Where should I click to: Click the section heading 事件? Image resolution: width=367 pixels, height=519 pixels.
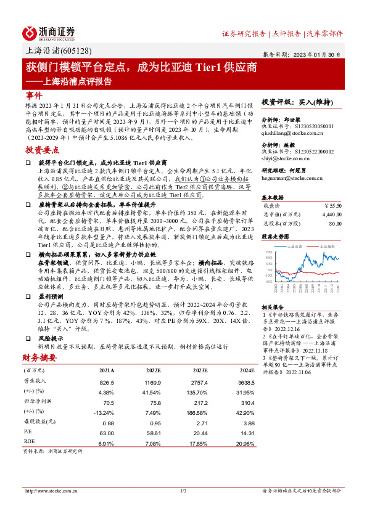point(35,96)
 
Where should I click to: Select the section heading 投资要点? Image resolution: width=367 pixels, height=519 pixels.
point(42,150)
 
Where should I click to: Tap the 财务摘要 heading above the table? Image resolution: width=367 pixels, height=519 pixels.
point(39,357)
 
